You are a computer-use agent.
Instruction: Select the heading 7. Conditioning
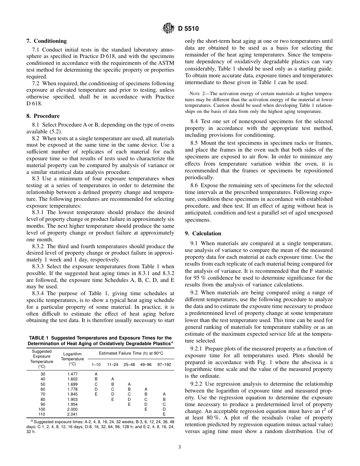[47, 41]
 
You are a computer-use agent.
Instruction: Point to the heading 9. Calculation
[203, 233]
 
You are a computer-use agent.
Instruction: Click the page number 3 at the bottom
[180, 447]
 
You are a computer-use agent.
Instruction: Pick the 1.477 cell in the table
[72, 374]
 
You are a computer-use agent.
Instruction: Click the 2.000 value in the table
[72, 409]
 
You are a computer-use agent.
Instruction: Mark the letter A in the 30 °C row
[96, 374]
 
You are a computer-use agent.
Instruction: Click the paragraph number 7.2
[36, 83]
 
